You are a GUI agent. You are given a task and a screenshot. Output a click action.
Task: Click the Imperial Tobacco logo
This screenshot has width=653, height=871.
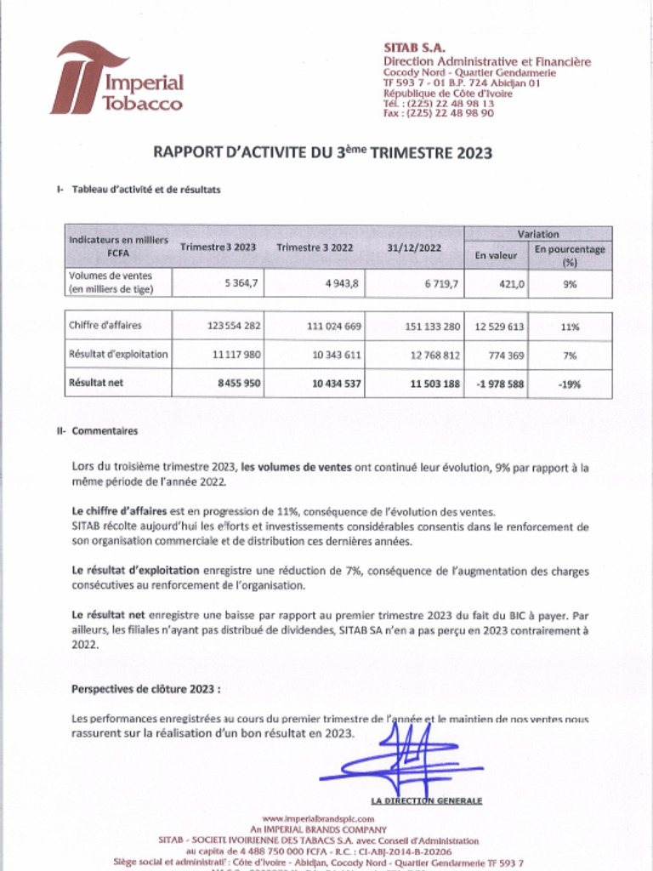click(x=116, y=78)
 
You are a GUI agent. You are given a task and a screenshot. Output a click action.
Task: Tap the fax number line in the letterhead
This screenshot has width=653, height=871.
click(x=438, y=113)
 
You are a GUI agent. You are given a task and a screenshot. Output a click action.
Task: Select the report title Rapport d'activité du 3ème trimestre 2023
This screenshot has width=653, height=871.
click(x=322, y=153)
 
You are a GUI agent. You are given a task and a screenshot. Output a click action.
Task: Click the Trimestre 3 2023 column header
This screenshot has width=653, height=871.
click(x=218, y=247)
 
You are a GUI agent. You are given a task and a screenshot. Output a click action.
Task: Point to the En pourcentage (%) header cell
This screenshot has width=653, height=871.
click(x=569, y=255)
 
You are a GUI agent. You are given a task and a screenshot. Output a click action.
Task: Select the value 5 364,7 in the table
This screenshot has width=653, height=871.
click(x=241, y=284)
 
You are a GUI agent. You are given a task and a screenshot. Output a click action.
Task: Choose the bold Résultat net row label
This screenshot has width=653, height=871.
click(x=96, y=383)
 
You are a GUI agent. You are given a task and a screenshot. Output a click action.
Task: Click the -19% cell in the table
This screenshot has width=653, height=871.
click(x=569, y=384)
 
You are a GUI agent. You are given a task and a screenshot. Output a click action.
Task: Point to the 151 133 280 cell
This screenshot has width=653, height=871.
click(x=429, y=326)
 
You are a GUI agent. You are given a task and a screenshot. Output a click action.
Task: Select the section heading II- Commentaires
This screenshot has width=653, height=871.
click(x=97, y=431)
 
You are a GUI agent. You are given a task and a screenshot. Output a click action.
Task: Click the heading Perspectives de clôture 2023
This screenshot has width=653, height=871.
click(x=146, y=688)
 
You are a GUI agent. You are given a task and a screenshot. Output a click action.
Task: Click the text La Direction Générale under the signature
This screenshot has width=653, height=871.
click(x=427, y=800)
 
